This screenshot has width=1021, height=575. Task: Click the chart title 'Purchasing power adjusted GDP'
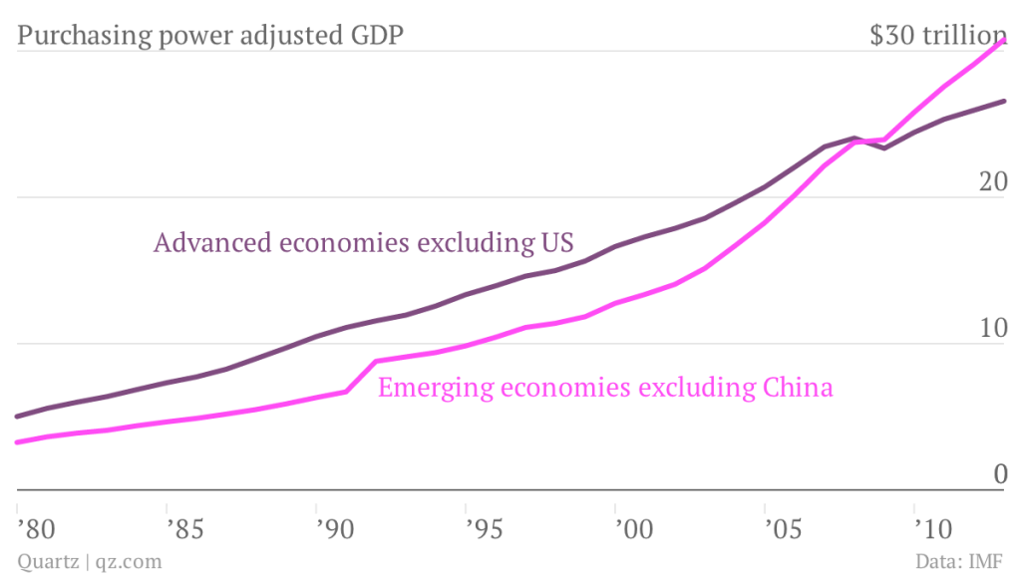[x=210, y=37]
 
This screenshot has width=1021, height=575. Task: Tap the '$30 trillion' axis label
[x=938, y=37]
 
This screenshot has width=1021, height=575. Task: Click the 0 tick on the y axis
[x=999, y=475]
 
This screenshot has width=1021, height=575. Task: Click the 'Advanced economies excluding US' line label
[x=363, y=243]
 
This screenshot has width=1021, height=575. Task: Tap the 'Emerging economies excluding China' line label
[x=605, y=387]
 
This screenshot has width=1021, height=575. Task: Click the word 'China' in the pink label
[x=798, y=387]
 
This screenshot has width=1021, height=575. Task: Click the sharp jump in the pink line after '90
[x=361, y=376]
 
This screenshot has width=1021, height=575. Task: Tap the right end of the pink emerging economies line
[x=1003, y=41]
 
